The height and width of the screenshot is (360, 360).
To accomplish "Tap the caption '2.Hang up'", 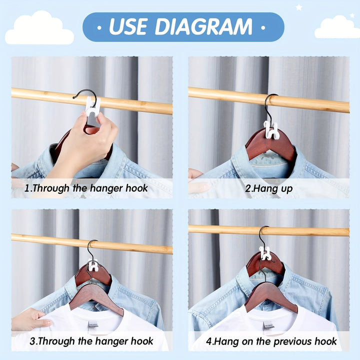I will (x=269, y=188).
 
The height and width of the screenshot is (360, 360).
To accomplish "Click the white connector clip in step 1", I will (x=93, y=106).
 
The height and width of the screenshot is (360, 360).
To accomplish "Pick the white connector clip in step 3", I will (x=93, y=266).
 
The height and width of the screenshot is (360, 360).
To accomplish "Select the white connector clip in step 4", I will (x=265, y=253).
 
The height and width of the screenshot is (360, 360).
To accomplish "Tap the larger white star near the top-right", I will (x=299, y=7).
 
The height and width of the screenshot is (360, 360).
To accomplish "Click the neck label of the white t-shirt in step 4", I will (x=268, y=325).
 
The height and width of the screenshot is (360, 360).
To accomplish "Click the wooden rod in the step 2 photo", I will (x=310, y=102).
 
